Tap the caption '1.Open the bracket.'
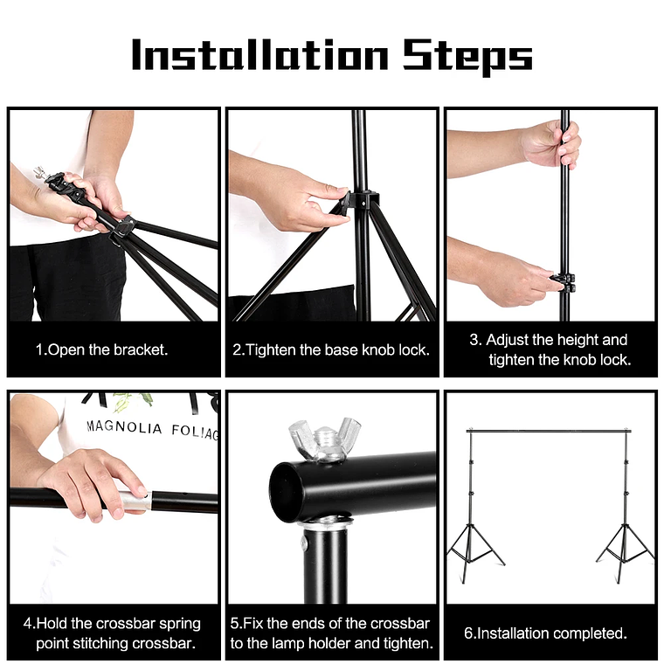101,349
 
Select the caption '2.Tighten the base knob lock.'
331,349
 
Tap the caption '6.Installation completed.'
545,633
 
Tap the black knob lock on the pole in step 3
564,282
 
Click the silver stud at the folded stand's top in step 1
40,174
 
